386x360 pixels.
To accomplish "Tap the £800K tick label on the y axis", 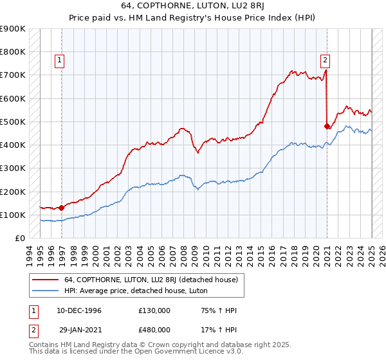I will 13,52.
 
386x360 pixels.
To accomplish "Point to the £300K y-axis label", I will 13,168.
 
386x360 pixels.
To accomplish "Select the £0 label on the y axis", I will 20,239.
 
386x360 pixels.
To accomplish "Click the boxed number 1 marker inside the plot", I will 59,61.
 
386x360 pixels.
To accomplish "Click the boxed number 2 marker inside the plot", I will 326,61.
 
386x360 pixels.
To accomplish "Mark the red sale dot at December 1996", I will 62,208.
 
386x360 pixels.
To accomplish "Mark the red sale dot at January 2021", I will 327,126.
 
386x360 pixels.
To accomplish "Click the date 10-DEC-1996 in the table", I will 79,310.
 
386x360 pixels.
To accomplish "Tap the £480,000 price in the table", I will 154,328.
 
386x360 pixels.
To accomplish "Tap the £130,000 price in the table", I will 154,310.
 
